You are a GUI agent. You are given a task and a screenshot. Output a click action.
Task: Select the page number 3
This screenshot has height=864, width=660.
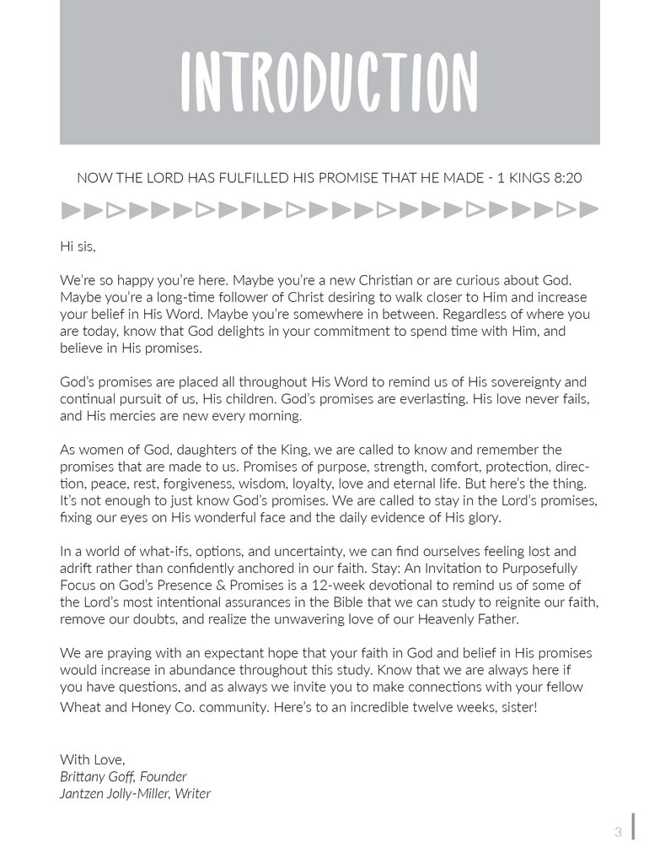click(618, 832)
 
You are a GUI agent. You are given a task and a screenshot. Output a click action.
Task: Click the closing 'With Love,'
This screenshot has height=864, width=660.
click(92, 759)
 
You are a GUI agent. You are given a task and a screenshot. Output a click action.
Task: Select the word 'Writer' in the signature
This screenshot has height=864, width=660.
click(193, 793)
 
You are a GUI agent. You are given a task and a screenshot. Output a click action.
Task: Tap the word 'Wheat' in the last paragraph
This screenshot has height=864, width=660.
click(78, 706)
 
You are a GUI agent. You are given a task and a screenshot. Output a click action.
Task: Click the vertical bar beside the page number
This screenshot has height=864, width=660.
click(632, 827)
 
